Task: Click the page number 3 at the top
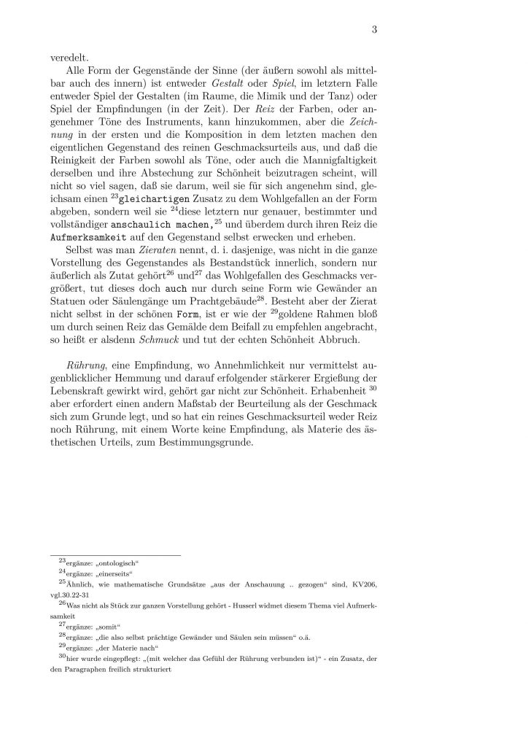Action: pyautogui.click(x=373, y=30)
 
